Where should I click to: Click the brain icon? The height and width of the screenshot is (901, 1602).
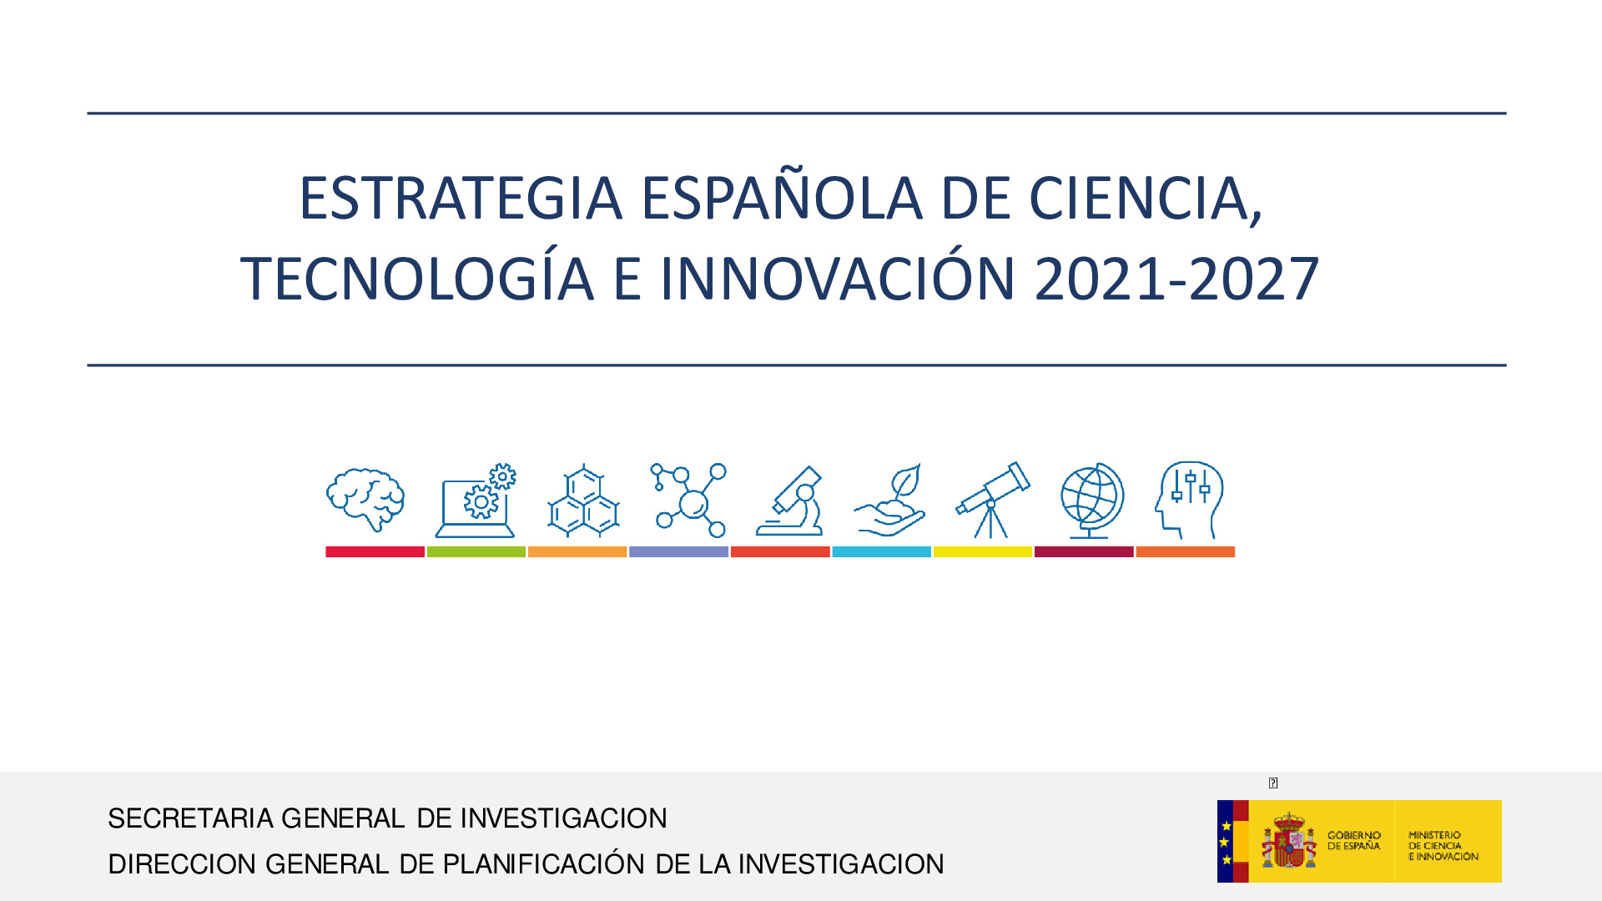point(365,500)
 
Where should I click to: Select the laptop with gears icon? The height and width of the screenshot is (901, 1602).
point(476,501)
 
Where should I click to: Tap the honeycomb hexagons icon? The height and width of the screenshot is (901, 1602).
point(583,501)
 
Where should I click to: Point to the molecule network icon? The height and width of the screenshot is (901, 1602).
point(689,500)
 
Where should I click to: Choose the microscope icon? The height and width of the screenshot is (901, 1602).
point(789,501)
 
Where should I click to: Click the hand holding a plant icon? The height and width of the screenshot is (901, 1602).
point(889,500)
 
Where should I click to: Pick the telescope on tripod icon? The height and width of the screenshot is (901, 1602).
point(993,500)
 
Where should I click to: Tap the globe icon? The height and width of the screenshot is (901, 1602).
point(1092,501)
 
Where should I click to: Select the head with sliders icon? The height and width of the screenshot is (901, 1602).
point(1189,500)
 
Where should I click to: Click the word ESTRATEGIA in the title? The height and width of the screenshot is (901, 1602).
point(461,199)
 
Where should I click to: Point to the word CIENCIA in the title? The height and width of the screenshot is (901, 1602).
point(1146,199)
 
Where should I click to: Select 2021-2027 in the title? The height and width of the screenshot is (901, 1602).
point(1176,279)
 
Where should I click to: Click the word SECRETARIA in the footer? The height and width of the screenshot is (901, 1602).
point(191,818)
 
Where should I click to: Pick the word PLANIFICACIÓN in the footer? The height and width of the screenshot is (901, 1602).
point(543,863)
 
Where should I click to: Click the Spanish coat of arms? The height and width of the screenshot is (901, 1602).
point(1288,841)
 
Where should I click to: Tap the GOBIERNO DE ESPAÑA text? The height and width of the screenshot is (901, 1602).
point(1353,841)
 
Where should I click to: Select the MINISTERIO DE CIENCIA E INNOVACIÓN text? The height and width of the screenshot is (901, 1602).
point(1443,846)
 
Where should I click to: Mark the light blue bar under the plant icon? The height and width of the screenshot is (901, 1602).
point(881,551)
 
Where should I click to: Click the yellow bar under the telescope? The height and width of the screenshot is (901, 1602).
point(983,551)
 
